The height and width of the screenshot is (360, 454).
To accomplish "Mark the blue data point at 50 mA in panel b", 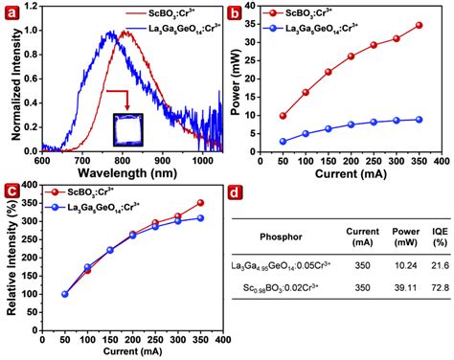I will click(x=283, y=141).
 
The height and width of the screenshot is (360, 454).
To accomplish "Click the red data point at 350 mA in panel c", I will click(x=198, y=203).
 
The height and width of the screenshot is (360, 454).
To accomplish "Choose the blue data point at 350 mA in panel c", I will click(x=198, y=218).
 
